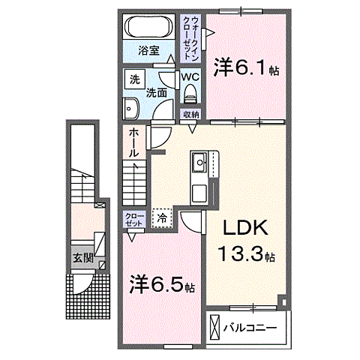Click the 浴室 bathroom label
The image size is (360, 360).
148,51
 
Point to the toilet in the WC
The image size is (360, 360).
190,94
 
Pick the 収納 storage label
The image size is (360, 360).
190,114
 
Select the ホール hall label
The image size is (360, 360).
133,141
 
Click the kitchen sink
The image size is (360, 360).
200,163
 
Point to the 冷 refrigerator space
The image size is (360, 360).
162,217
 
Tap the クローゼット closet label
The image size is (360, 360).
133,220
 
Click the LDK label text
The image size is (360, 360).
243,229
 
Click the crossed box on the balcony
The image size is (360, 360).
216,328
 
